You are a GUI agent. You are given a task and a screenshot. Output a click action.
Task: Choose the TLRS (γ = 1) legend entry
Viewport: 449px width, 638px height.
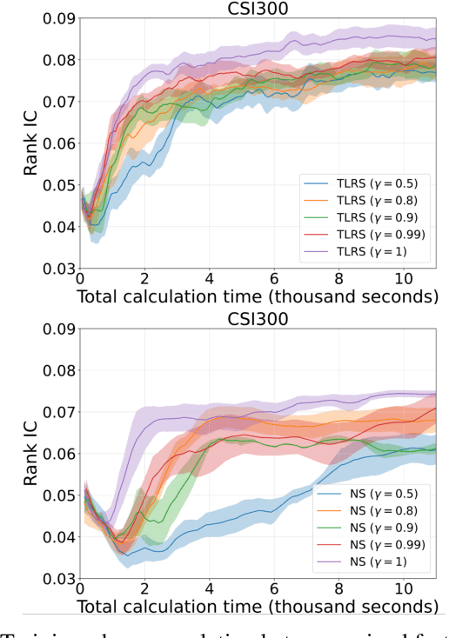click(x=352, y=251)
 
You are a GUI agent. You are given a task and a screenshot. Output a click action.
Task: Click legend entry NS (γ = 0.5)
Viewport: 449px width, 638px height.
click(x=357, y=494)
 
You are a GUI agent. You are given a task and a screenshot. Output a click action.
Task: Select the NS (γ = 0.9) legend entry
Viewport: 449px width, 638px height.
click(x=357, y=528)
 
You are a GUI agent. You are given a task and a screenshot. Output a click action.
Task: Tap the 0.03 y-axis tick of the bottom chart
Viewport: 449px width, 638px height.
click(x=56, y=578)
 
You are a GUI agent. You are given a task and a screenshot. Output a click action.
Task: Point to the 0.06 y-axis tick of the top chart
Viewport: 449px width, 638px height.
click(x=56, y=144)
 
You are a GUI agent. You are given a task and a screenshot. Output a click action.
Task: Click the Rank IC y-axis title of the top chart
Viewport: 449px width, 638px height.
click(x=31, y=144)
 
